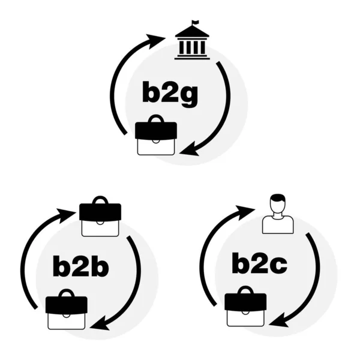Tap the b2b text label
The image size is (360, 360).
pos(80,266)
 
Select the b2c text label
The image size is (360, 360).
pos(260,263)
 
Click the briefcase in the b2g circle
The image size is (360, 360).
pos(156,137)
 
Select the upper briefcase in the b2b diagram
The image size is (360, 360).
pos(100,218)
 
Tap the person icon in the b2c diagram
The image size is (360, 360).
pos(277,214)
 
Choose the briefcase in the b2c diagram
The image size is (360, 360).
pos(245,308)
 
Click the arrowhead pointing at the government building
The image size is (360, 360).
pos(157,40)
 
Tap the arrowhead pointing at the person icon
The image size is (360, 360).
pos(246,209)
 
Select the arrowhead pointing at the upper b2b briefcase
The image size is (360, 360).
pos(66,212)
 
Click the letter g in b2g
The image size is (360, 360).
pos(187,96)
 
